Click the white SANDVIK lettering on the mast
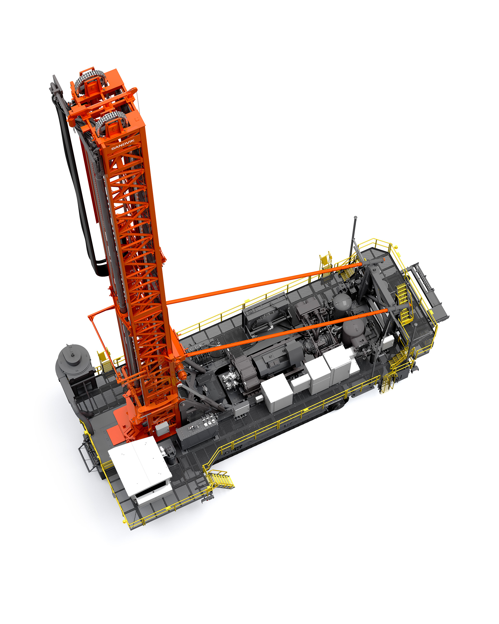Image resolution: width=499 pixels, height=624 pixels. coord(123,144)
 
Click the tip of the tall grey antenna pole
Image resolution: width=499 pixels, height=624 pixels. coord(355,217)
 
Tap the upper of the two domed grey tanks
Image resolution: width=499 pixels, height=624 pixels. coord(342,302)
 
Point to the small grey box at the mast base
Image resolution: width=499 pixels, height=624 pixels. coord(162,428)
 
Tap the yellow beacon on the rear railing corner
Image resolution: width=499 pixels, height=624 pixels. coord(396,247)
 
